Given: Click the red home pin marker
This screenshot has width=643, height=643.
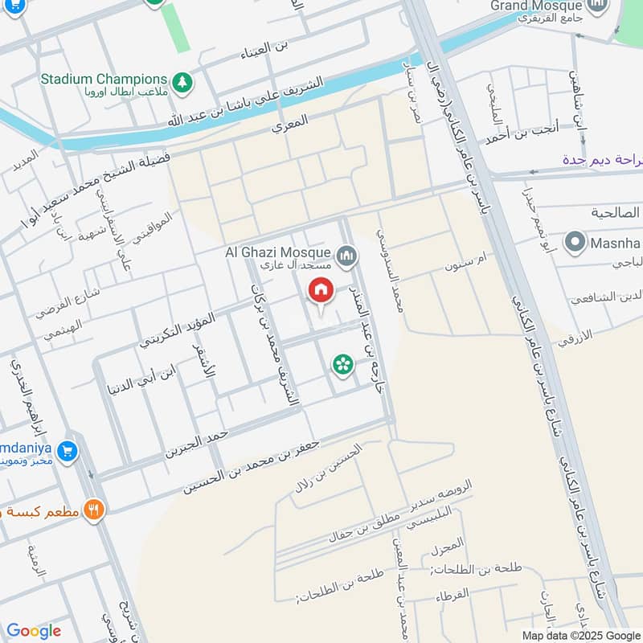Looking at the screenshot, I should tap(321, 290).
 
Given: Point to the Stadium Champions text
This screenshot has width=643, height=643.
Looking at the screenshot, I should tap(104, 80).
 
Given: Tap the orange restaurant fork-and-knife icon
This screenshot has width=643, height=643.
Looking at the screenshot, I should tap(95, 509).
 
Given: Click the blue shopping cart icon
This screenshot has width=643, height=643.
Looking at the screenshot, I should tap(68, 451).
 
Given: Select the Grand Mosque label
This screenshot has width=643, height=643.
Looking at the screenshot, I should tap(538, 6).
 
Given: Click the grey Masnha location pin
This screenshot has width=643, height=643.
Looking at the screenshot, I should tap(575, 241).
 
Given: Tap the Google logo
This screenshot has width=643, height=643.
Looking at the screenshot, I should tap(34, 631).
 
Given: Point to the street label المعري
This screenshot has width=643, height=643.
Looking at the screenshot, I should tap(290, 125).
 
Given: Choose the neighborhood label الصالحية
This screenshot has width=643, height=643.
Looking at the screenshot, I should tap(614, 213).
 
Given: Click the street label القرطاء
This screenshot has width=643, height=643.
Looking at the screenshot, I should tap(453, 597).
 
